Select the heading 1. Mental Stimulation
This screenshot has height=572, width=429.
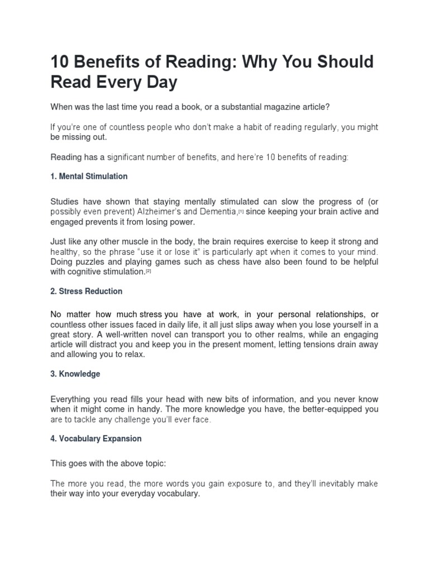[x=89, y=177]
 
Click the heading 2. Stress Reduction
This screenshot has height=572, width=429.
[x=86, y=292]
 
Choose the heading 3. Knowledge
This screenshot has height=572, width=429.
[x=75, y=374]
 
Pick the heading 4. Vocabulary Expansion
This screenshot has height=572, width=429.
[x=96, y=438]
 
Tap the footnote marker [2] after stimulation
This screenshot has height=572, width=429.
[x=149, y=271]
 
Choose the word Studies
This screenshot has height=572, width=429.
[x=65, y=201]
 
